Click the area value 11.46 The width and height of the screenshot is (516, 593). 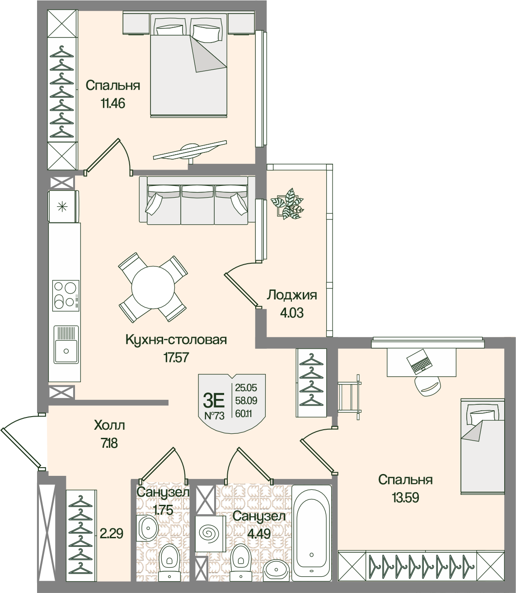113,103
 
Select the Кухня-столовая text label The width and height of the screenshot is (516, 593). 176,340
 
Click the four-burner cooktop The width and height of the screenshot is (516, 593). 66,295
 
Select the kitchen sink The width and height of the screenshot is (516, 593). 66,344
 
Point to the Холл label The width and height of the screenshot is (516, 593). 109,426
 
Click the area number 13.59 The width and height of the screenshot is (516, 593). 405,498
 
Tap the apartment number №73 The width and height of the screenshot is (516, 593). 214,416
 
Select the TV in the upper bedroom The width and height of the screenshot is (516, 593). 190,151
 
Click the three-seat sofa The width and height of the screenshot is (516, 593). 197,200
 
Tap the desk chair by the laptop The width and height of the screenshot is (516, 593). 428,385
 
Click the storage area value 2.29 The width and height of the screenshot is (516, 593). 111,533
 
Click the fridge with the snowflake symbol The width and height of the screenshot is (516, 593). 63,206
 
